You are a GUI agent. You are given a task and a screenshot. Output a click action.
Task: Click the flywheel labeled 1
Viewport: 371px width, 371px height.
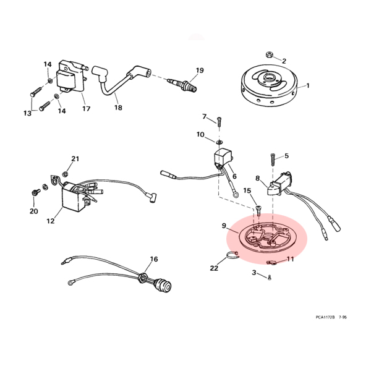269,85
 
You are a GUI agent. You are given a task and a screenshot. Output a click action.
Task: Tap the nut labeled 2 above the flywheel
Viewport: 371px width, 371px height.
269,54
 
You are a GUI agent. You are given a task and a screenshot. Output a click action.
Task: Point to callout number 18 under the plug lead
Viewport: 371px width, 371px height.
118,108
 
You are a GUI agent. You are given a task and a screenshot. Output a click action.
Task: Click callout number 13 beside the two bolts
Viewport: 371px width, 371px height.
27,113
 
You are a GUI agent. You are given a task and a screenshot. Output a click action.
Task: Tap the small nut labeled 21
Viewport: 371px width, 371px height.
64,174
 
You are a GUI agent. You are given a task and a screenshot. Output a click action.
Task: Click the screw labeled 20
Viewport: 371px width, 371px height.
35,192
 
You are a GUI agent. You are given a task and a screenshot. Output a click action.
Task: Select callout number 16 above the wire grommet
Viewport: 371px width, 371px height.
154,259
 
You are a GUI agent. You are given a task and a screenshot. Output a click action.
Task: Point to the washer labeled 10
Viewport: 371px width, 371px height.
219,142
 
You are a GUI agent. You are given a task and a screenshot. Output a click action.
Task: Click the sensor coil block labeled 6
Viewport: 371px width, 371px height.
223,157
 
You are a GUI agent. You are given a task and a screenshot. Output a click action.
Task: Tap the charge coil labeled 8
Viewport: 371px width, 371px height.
279,184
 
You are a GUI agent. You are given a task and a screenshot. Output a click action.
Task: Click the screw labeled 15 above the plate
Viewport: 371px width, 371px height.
258,210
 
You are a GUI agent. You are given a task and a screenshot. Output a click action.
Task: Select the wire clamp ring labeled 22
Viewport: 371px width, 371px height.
232,255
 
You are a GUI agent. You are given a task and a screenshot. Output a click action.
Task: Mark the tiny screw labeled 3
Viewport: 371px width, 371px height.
269,278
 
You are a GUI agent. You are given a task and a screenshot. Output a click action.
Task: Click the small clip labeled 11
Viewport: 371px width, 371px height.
271,262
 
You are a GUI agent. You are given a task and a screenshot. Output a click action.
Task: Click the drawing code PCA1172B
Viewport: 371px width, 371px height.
325,317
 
